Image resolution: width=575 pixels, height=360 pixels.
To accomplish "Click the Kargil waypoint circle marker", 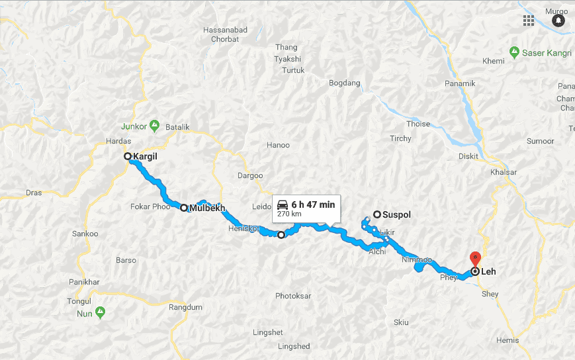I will pos(128,157).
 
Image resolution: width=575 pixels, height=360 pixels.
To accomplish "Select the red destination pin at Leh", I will pos(474,258).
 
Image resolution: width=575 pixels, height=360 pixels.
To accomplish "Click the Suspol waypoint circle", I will pos(377,214).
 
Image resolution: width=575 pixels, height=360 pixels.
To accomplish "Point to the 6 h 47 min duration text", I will pos(313,205).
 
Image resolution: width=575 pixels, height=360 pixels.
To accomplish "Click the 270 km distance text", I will pos(288,214).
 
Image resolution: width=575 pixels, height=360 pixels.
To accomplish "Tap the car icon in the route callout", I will pos(283,204).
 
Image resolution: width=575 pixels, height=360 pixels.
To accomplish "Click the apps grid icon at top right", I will pos(528,20).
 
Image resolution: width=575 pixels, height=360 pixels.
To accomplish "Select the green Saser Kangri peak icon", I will pos(514,52).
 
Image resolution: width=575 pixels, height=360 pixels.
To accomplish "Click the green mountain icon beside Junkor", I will pos(154,124).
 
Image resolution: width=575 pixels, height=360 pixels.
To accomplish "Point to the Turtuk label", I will pos(293,70).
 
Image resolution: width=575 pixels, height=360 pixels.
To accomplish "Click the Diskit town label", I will pos(468,157).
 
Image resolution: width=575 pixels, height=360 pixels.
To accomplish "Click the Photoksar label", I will pos(293,296).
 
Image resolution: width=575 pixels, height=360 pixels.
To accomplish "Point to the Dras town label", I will pos(33,193).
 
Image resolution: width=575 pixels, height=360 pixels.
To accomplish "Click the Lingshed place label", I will pos(294,346).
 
